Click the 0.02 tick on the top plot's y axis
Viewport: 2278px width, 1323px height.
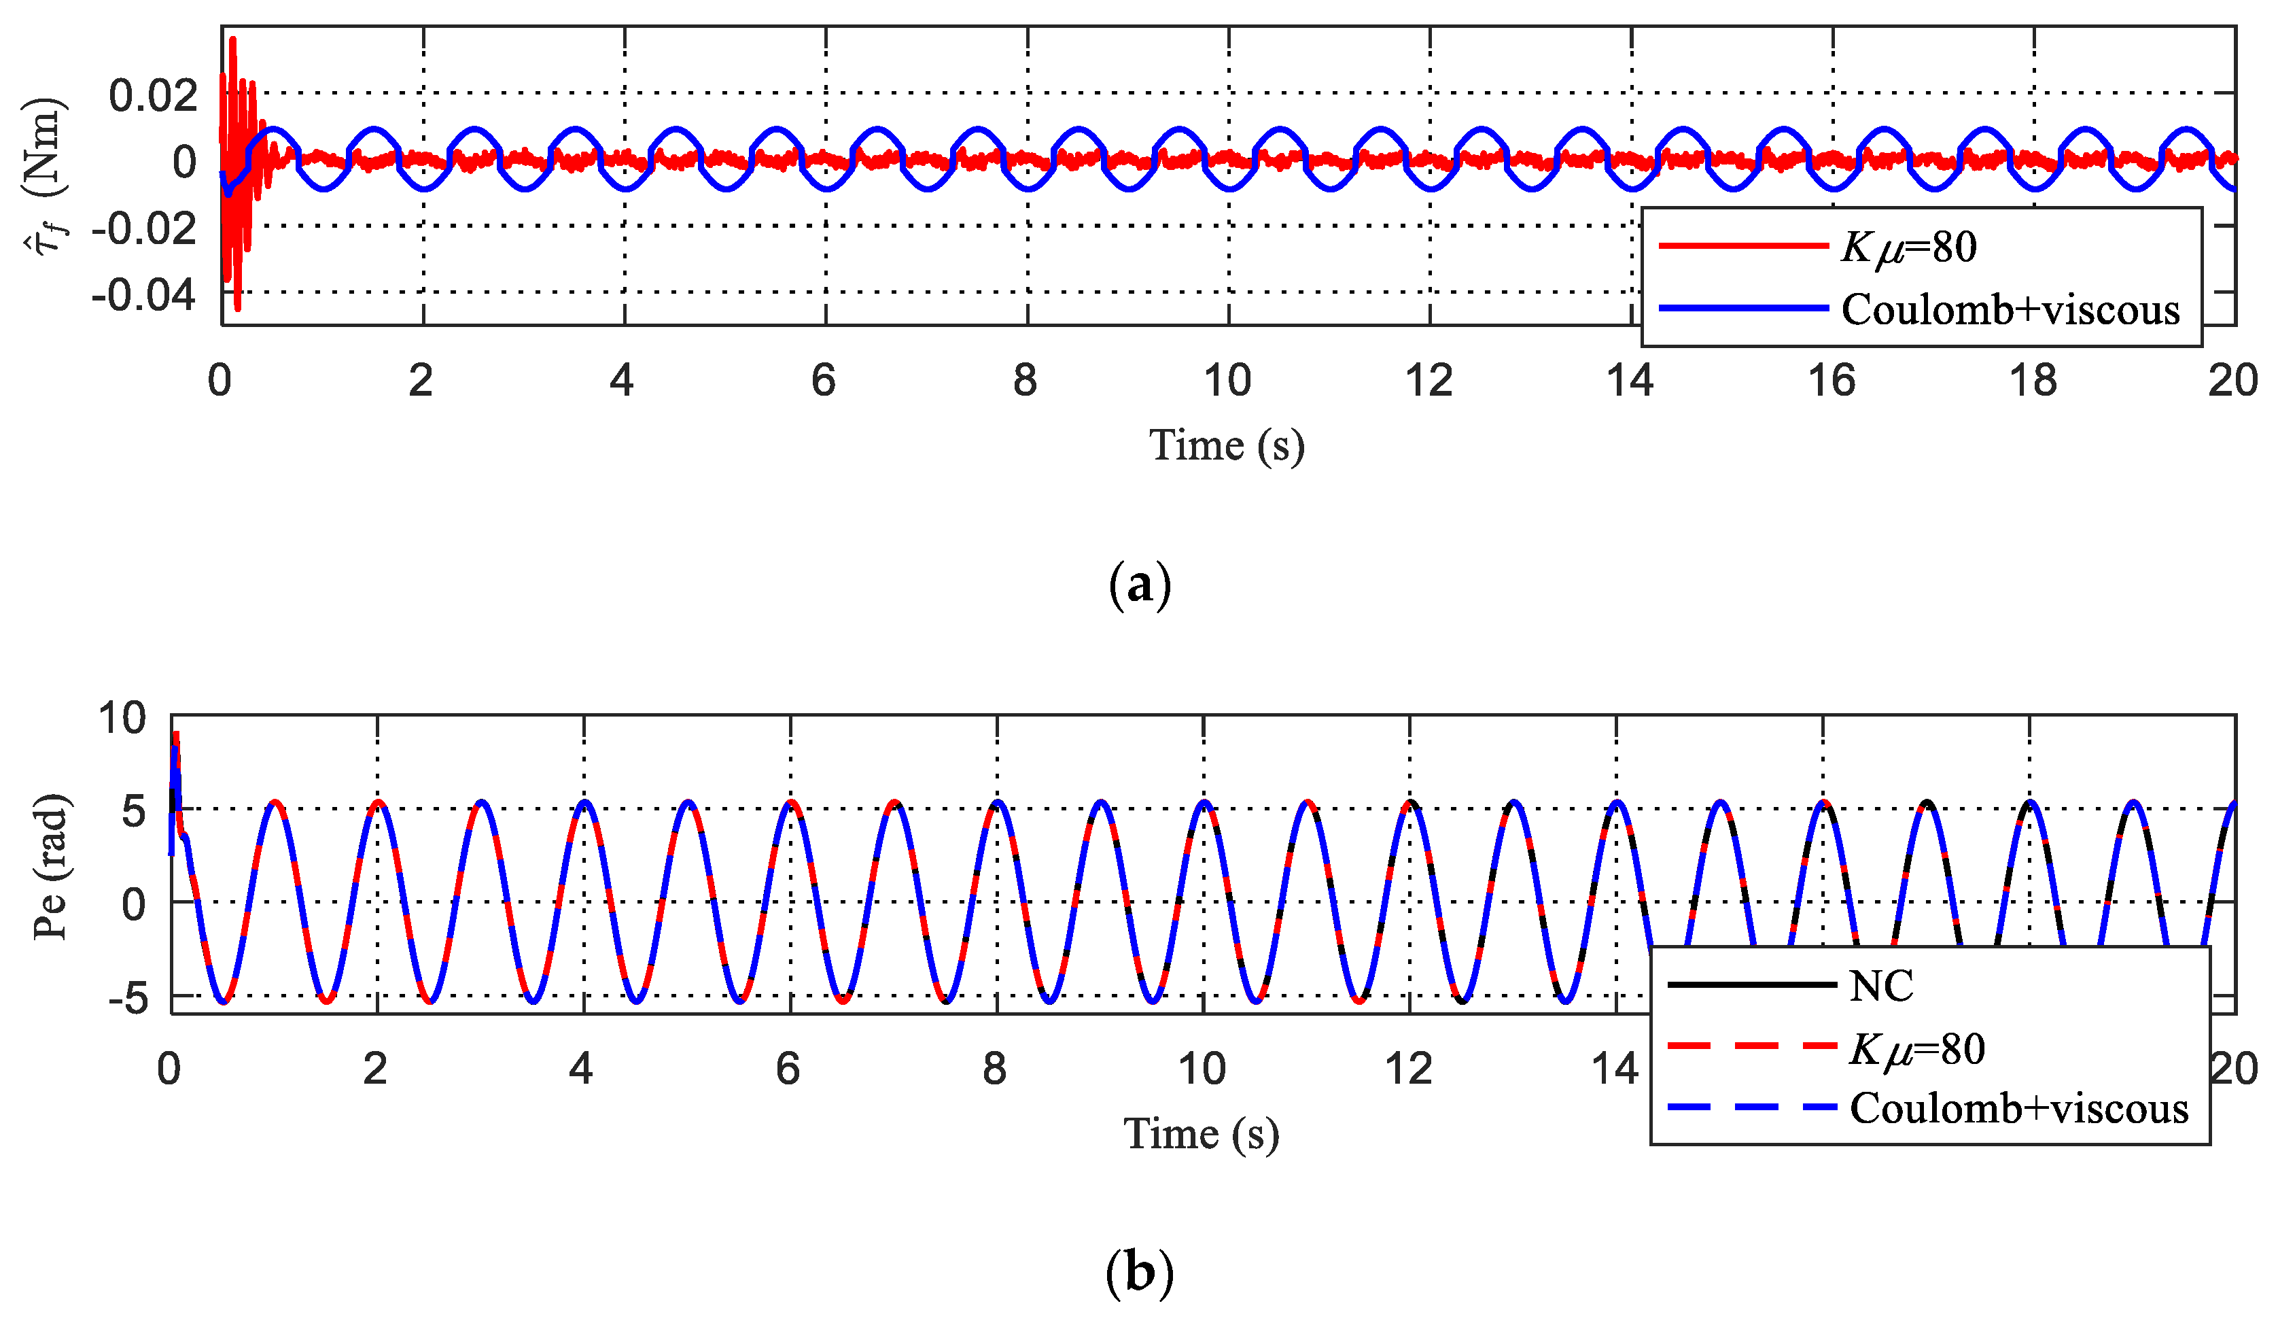152,95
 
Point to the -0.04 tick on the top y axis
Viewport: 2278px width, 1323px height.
143,295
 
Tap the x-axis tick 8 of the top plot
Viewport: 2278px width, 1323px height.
1024,381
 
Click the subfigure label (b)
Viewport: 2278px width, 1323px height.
1139,1273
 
